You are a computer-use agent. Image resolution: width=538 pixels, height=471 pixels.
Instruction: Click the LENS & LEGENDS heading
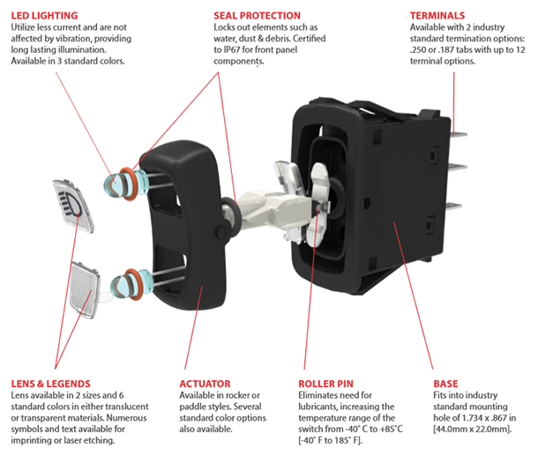(x=50, y=384)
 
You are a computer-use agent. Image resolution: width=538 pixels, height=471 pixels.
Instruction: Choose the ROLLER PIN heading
(x=330, y=384)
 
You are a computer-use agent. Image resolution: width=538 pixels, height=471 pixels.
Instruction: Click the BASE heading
(x=445, y=384)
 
